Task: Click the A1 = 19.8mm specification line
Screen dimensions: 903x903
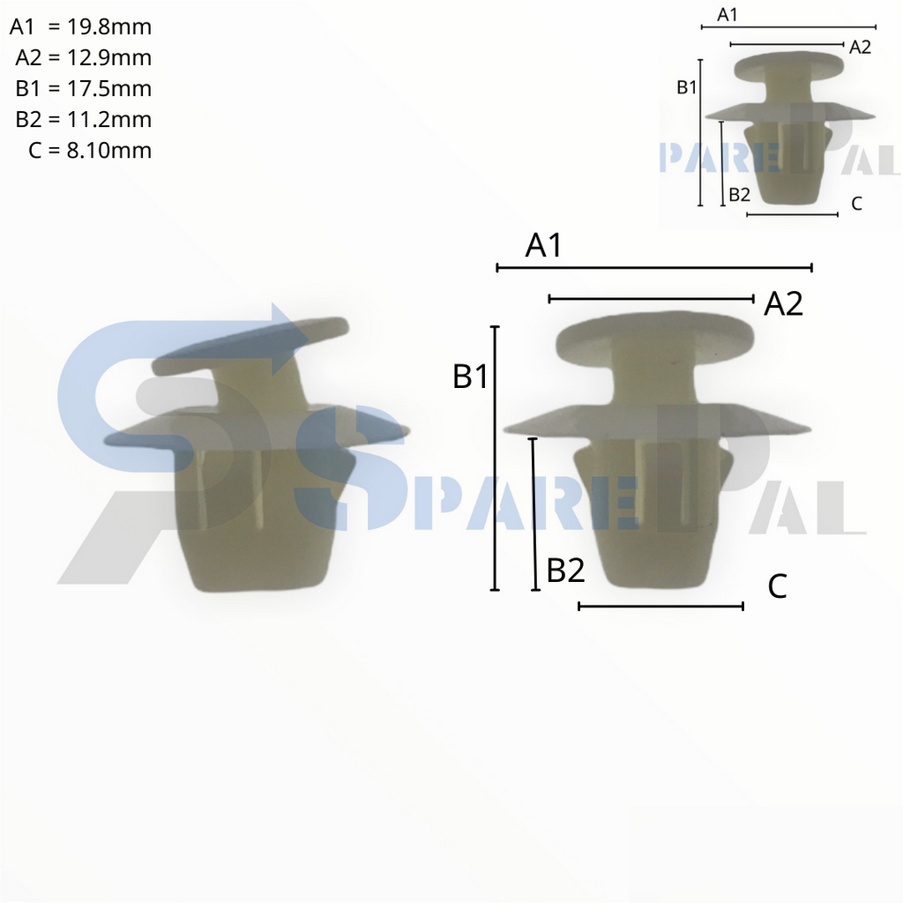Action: coord(81,27)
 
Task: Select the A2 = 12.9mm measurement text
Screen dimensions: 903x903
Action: coord(84,58)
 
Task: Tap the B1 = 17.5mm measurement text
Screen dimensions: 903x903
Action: coord(84,89)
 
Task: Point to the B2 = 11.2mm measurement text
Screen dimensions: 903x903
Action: coord(84,120)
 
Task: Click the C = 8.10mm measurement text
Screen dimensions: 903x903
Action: coord(90,151)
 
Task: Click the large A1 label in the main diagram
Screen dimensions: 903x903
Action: coord(543,246)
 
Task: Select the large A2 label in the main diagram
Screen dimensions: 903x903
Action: coord(783,304)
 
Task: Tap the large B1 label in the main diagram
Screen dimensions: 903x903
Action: coord(470,377)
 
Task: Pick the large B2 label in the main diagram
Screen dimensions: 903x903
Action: coord(565,571)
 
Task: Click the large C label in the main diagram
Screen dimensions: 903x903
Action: coord(777,586)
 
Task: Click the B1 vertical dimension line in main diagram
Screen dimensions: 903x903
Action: coord(495,459)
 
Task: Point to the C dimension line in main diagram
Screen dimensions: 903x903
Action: coord(660,606)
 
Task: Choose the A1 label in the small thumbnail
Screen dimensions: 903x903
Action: coord(728,14)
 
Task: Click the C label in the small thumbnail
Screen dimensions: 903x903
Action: coord(856,204)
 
